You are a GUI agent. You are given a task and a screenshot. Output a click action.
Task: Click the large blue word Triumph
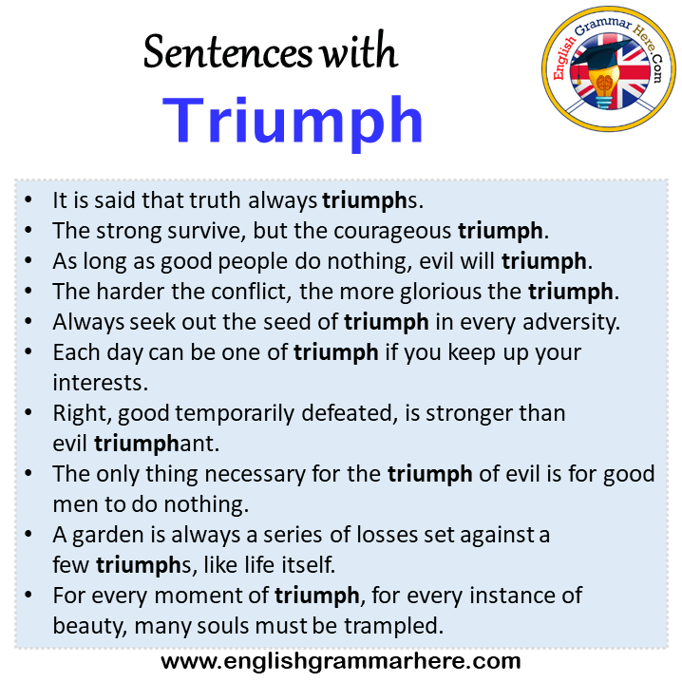point(293,121)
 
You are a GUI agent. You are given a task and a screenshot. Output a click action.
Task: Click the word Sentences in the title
point(228,52)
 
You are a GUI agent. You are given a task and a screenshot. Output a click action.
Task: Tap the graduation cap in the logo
point(599,58)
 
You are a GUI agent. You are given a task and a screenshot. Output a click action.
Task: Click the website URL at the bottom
point(341,661)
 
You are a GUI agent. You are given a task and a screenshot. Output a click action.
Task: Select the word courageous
point(392,231)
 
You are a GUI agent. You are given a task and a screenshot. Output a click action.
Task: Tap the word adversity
point(572,322)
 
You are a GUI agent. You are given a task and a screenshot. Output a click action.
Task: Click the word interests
point(101,383)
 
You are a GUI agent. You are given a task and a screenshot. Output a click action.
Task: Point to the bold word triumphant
point(157,445)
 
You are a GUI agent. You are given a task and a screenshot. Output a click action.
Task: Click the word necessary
point(256,475)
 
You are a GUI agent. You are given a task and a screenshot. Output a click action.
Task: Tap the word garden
point(108,536)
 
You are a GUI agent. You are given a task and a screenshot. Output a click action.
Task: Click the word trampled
point(393,626)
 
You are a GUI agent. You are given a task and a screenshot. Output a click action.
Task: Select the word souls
point(223,626)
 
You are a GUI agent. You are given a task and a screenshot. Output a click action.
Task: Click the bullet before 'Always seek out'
point(28,321)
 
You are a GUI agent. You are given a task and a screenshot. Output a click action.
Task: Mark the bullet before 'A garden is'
point(28,534)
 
